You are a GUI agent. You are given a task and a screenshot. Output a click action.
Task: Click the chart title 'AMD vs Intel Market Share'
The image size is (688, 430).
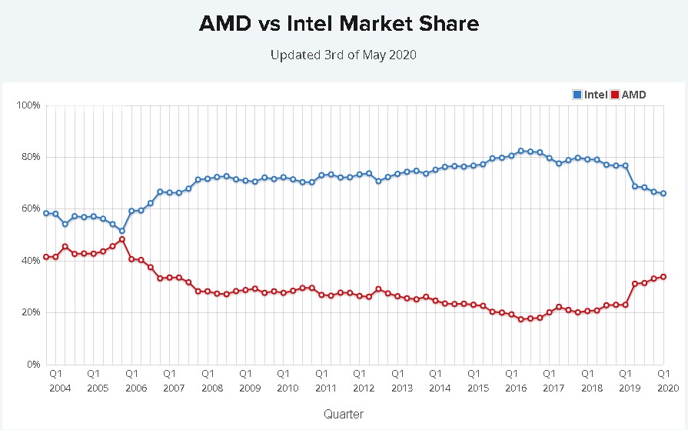[x=339, y=24]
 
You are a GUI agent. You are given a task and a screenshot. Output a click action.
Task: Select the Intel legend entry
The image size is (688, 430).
[x=590, y=95]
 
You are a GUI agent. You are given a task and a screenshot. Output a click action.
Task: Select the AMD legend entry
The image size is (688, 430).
[x=627, y=95]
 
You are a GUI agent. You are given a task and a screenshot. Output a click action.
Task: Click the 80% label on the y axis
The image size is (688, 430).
[x=30, y=157]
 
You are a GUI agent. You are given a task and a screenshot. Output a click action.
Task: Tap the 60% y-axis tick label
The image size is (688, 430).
[x=30, y=208]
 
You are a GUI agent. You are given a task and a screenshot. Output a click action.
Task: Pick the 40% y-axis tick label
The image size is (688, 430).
[x=30, y=261]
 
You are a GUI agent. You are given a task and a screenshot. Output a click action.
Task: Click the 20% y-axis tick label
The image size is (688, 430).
[x=30, y=312]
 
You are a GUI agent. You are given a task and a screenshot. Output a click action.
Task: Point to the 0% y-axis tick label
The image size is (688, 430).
[x=32, y=365]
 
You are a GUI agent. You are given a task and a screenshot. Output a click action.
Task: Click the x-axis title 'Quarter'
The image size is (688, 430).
[x=344, y=414]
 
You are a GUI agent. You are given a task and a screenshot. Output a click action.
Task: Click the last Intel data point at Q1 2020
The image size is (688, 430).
[x=663, y=194]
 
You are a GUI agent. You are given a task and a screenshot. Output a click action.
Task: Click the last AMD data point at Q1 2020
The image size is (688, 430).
[x=663, y=277]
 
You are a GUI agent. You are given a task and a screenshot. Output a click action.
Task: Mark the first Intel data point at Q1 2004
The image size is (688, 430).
[x=46, y=213]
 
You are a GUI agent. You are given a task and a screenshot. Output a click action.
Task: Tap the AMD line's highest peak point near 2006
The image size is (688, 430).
[x=121, y=239]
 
